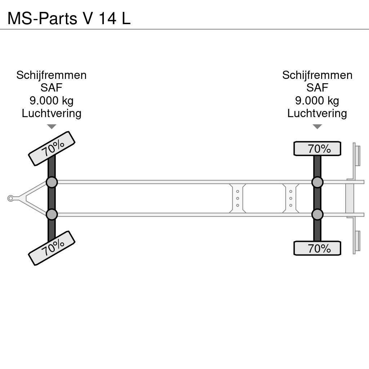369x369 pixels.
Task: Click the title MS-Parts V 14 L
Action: click(x=69, y=18)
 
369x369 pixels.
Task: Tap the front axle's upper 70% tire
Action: click(x=52, y=148)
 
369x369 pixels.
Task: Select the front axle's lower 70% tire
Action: click(x=52, y=248)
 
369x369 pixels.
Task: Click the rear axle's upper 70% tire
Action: click(x=317, y=148)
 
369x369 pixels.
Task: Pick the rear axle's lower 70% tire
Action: click(x=317, y=248)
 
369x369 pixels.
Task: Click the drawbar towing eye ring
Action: click(x=10, y=198)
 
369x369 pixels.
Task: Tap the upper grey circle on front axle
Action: click(x=52, y=182)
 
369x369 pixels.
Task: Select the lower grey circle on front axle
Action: click(x=52, y=215)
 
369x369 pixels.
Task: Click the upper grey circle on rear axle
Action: click(x=317, y=182)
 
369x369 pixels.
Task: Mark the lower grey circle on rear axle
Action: click(x=317, y=215)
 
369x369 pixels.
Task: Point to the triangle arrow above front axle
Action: click(x=52, y=126)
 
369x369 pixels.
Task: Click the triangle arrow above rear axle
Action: click(x=317, y=126)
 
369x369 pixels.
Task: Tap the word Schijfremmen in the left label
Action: click(x=52, y=75)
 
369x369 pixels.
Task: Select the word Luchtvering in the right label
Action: click(x=317, y=113)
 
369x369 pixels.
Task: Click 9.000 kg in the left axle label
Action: click(x=52, y=101)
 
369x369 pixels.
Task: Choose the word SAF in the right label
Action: click(x=317, y=88)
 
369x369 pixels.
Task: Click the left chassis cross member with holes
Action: click(x=238, y=198)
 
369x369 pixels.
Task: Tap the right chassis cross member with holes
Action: click(x=291, y=198)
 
